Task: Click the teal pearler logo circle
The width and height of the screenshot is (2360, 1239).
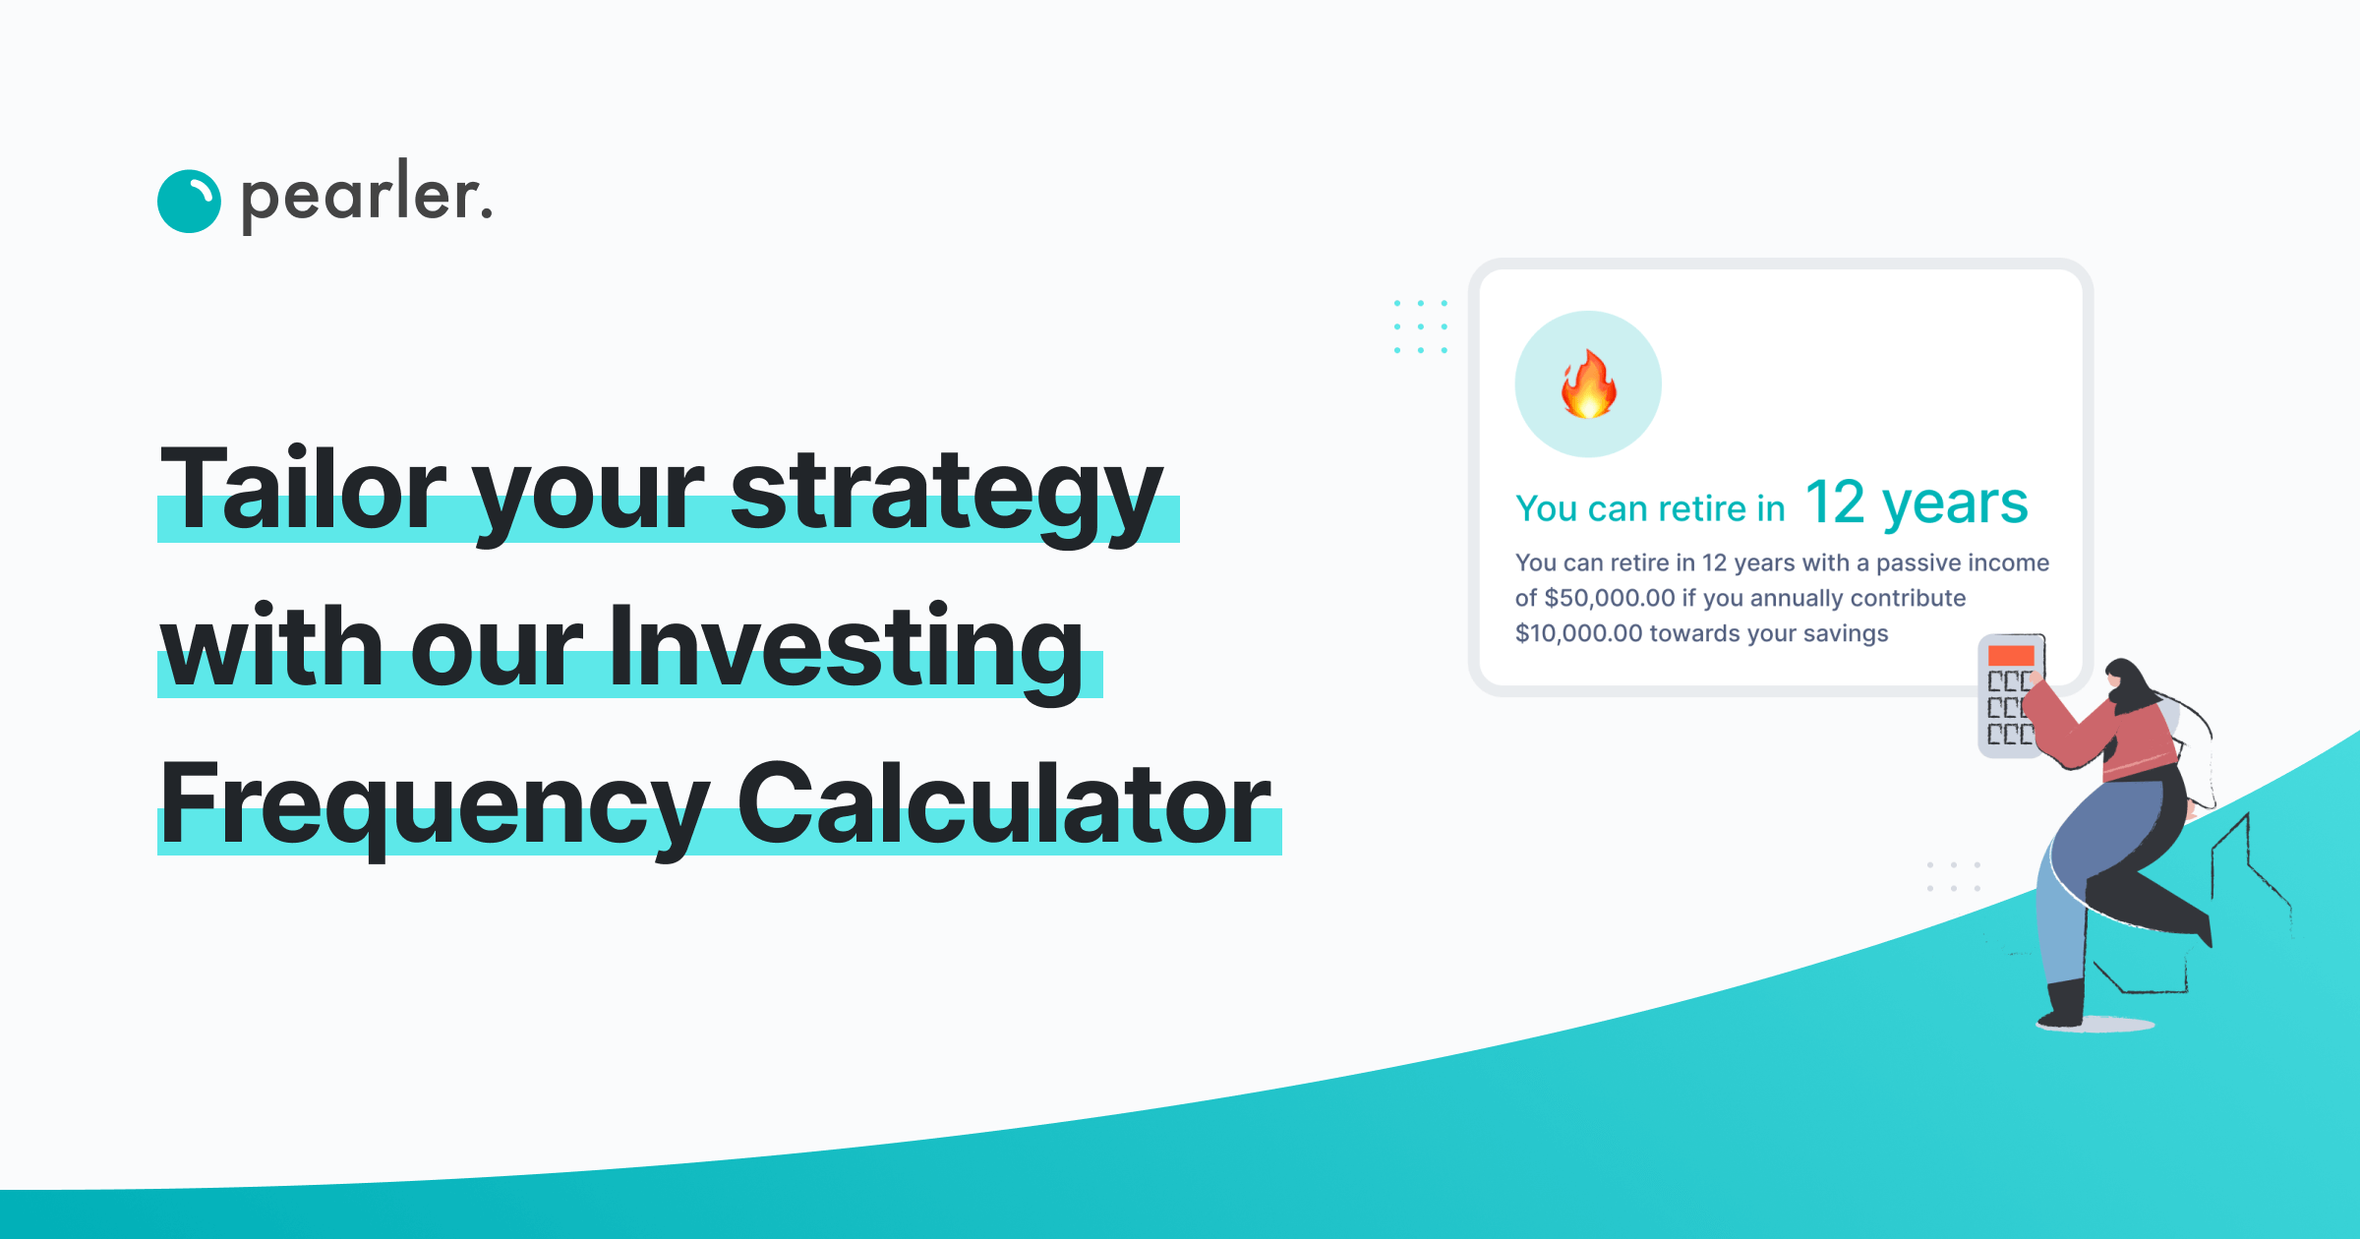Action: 189,202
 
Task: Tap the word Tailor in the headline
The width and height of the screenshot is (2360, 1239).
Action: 304,490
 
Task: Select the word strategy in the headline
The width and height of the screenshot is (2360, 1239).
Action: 946,492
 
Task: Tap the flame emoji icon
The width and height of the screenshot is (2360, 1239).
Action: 1588,384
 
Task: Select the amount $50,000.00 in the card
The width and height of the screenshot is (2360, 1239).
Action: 1610,598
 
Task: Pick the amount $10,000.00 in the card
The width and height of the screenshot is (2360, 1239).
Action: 1579,633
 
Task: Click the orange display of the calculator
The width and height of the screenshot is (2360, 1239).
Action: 2010,656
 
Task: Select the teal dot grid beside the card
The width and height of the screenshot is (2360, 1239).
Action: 1420,326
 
